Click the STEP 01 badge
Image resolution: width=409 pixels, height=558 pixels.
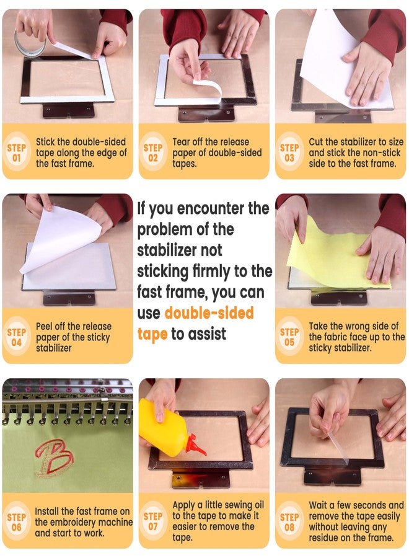click(17, 152)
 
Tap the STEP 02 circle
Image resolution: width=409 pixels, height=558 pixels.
click(153, 152)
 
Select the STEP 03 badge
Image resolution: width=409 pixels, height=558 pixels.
click(289, 152)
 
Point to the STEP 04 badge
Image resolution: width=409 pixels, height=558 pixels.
click(17, 336)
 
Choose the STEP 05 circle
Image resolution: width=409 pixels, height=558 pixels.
click(289, 336)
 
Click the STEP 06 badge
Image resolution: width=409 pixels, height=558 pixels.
click(17, 521)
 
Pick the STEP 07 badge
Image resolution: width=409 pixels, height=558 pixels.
click(153, 521)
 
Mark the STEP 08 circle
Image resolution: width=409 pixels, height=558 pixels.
click(289, 521)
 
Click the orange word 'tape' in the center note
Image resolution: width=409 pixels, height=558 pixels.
click(152, 334)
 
